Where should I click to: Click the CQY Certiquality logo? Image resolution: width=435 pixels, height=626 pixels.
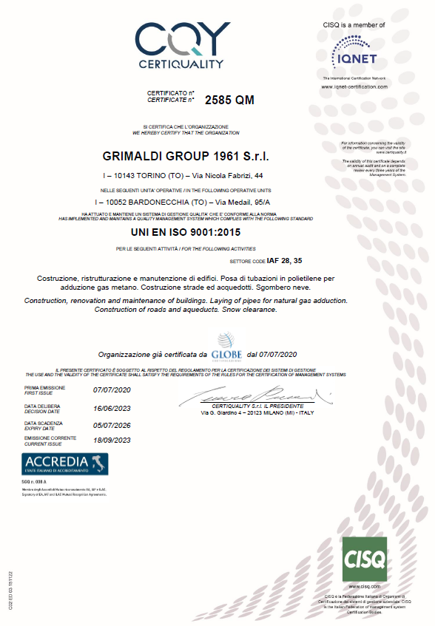(181, 45)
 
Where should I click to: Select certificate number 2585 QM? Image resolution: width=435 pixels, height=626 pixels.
(229, 101)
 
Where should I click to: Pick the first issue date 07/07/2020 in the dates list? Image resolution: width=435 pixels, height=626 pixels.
(112, 389)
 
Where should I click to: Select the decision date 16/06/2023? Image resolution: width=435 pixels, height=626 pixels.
(112, 407)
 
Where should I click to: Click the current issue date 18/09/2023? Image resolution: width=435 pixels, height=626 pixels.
(112, 440)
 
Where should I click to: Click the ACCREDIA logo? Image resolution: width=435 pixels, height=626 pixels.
(66, 464)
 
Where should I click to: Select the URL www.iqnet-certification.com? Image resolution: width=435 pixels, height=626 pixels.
(354, 86)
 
